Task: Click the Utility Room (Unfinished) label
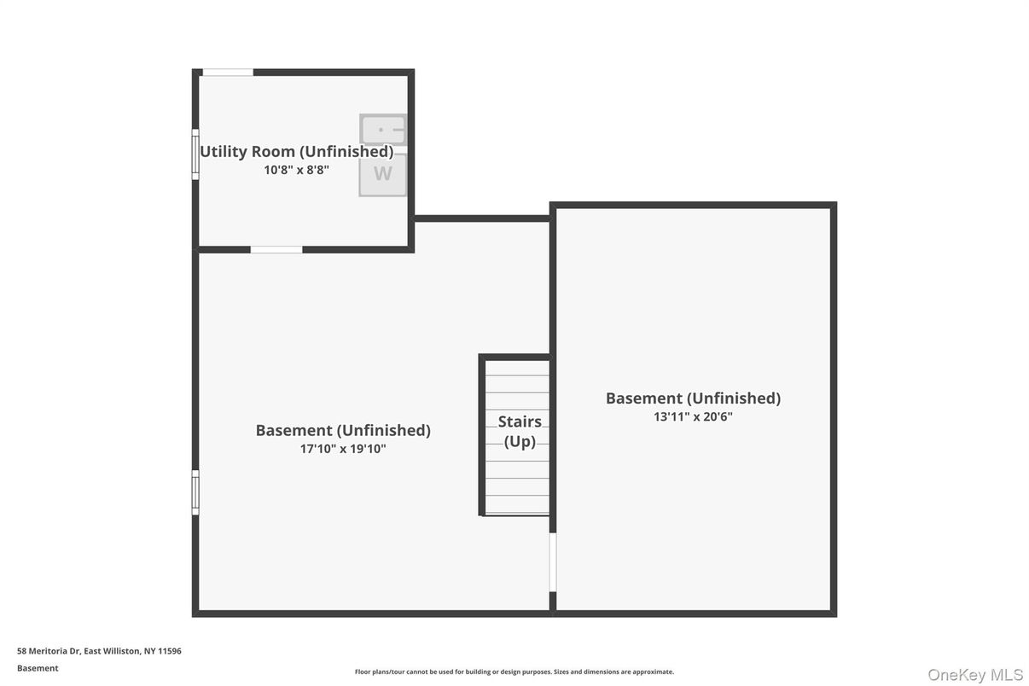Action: click(x=296, y=152)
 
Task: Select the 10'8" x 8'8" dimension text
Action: click(x=296, y=170)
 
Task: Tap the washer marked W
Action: click(x=383, y=174)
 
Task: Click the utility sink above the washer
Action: click(x=383, y=130)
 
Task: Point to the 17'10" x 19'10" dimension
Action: click(x=343, y=449)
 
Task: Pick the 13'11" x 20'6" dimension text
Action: click(x=693, y=416)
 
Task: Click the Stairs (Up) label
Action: click(x=520, y=431)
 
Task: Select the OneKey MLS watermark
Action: click(x=975, y=675)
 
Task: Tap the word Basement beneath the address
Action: click(x=38, y=668)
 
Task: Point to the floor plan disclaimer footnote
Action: click(x=514, y=671)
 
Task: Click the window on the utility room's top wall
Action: click(x=228, y=73)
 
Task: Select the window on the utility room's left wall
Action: click(x=195, y=154)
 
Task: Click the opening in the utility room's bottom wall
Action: click(x=276, y=249)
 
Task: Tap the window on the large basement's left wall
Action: click(x=195, y=492)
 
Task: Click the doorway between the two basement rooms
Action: click(x=553, y=562)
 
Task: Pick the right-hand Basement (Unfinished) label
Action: click(x=693, y=398)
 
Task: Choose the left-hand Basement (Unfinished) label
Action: click(x=343, y=431)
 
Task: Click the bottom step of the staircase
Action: click(x=517, y=505)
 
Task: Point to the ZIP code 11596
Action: click(x=170, y=651)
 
